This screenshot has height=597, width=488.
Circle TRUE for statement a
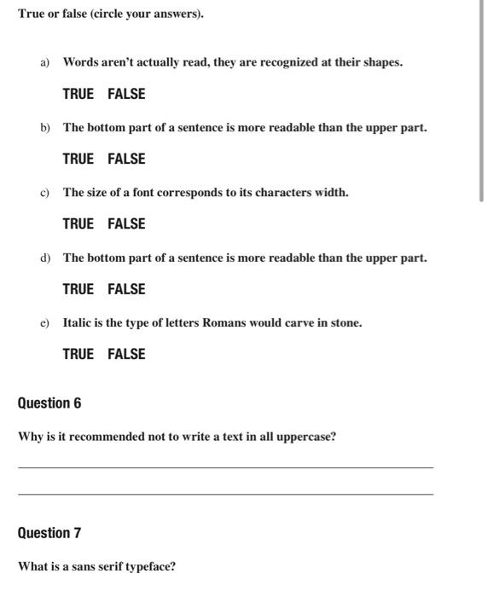[x=78, y=94]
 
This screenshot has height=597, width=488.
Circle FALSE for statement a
[x=126, y=94]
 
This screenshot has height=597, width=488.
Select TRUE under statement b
[x=78, y=159]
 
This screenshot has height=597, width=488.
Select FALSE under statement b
[x=126, y=159]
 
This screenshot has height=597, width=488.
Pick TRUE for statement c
[x=78, y=223]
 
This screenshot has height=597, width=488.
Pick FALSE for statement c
[x=126, y=223]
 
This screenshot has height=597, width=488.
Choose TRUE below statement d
[x=78, y=289]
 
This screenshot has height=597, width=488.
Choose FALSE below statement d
[x=126, y=289]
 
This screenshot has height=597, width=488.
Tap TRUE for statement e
[x=78, y=354]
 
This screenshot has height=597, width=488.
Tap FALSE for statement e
[x=126, y=354]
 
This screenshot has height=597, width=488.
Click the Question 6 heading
[x=49, y=403]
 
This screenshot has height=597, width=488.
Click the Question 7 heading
[x=49, y=533]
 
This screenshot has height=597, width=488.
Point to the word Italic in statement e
[x=78, y=323]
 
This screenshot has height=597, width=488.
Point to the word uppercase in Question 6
[x=305, y=438]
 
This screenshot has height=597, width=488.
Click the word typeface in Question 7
[x=149, y=566]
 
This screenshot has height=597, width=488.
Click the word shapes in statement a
[x=382, y=63]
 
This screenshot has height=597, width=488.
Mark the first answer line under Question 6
[x=225, y=467]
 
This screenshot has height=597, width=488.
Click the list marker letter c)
[x=44, y=193]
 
